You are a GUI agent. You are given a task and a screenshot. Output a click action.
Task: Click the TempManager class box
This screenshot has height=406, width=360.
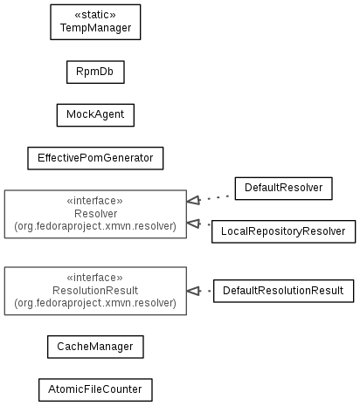click(95, 22)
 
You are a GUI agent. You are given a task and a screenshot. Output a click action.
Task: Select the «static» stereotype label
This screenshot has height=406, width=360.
click(95, 15)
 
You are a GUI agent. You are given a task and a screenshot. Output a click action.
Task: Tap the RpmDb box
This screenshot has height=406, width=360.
click(95, 72)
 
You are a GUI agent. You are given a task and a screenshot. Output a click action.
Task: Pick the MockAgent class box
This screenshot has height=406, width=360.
click(95, 115)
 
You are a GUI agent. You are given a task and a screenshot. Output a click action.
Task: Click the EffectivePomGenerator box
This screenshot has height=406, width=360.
click(95, 158)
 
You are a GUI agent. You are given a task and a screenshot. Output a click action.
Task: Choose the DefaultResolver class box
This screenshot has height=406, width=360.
click(284, 189)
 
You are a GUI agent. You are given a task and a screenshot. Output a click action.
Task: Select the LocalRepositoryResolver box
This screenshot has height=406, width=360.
click(284, 231)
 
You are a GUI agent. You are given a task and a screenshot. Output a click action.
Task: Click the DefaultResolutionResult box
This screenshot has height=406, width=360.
click(284, 291)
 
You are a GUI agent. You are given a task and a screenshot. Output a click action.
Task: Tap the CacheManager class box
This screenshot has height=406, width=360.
click(95, 347)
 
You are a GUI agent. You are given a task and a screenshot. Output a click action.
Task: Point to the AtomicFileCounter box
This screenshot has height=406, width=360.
click(95, 389)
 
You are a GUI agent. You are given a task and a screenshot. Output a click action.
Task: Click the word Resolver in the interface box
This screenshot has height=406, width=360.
click(95, 214)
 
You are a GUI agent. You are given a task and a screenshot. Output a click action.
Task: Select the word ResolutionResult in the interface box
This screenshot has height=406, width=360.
click(95, 291)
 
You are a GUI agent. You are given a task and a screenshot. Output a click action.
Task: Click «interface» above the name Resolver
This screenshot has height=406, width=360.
click(95, 201)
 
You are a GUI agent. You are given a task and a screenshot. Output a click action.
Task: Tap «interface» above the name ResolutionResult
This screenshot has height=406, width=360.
click(95, 278)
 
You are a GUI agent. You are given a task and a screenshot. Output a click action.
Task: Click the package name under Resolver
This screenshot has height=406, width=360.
click(95, 226)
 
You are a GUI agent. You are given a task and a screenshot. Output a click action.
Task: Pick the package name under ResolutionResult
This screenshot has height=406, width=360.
click(95, 303)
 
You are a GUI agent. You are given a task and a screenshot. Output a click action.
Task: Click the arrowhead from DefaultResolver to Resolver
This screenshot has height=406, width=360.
click(193, 201)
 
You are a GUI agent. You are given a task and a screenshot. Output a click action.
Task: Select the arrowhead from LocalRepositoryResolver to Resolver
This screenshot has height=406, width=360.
click(193, 224)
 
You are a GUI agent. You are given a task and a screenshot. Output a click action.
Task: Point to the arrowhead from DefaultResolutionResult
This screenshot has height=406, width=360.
click(193, 291)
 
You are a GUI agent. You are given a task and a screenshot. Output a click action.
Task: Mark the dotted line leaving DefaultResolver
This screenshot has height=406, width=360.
click(218, 198)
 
